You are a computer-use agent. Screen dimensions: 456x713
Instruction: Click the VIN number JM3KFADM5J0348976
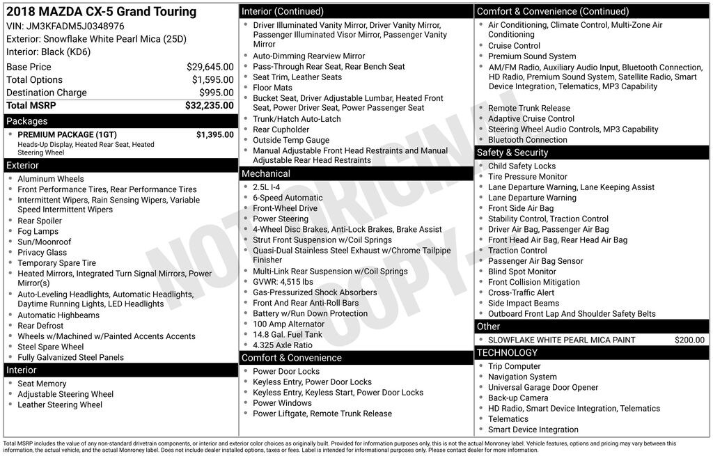tap(76, 26)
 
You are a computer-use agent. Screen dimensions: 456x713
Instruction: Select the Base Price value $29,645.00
tap(210, 67)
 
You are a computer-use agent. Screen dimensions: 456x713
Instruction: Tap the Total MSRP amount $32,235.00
tap(209, 106)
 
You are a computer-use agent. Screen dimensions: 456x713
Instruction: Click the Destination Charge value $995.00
tap(216, 93)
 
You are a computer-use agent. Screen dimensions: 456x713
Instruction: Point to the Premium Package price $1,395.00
tap(214, 134)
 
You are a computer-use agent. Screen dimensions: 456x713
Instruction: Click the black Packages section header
tap(120, 121)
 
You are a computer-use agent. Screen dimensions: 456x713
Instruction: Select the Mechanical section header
tap(356, 173)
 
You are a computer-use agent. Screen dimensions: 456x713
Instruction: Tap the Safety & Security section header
tap(592, 152)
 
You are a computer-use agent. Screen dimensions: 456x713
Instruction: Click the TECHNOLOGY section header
tap(592, 353)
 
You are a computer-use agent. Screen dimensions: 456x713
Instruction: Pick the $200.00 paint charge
tap(689, 340)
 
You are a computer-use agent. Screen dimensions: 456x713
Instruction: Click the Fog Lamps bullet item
tap(38, 231)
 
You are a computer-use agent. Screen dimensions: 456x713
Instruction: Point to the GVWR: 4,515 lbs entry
tap(283, 282)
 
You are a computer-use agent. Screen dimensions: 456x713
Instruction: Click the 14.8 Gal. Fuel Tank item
tap(288, 334)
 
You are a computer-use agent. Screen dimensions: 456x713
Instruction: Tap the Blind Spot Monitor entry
tap(522, 272)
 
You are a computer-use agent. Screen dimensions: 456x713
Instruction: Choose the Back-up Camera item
tap(518, 398)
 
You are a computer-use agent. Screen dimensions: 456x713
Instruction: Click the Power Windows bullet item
tap(282, 403)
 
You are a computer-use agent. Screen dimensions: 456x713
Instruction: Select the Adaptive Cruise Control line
tap(531, 118)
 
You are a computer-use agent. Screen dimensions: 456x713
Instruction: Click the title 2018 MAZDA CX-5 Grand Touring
tap(102, 12)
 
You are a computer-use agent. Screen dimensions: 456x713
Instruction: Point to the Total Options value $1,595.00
tap(212, 80)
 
